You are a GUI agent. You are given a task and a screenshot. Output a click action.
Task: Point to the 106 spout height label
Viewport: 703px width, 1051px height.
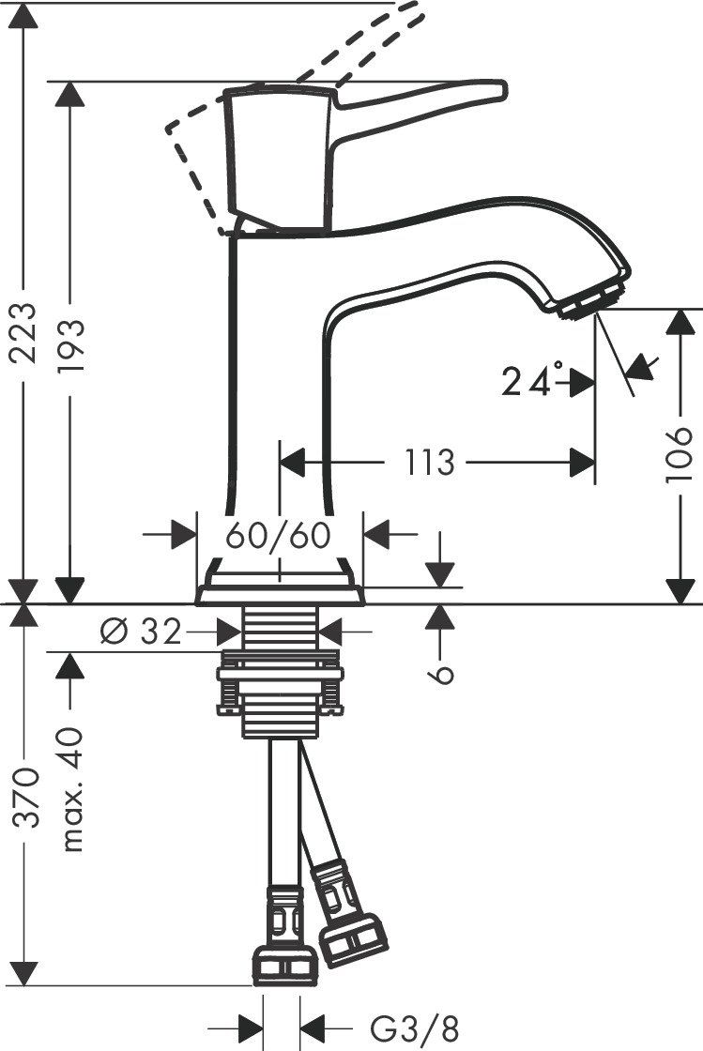680,456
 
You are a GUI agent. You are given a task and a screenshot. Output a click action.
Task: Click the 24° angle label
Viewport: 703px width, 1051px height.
532,382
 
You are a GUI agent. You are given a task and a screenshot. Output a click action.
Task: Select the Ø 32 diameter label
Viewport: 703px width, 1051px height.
144,632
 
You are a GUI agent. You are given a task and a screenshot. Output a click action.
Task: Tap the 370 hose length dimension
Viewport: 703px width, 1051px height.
25,798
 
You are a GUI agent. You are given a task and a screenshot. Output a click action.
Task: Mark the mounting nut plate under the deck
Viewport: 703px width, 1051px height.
279,674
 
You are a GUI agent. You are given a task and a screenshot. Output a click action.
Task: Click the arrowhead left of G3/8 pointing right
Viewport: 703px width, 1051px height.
248,1026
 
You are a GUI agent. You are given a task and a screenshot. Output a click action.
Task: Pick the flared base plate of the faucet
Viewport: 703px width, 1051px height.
279,591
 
